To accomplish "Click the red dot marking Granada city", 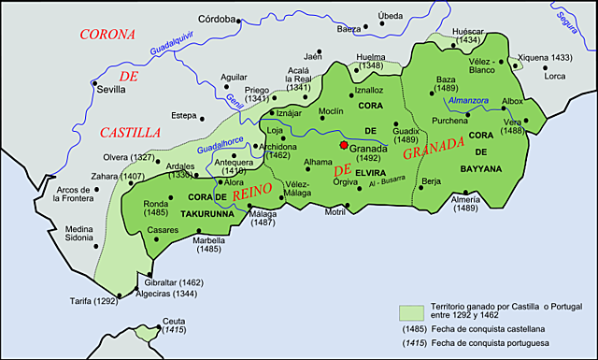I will point(344,146).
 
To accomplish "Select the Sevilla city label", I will point(112,91).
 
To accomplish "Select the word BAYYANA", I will point(481,168).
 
